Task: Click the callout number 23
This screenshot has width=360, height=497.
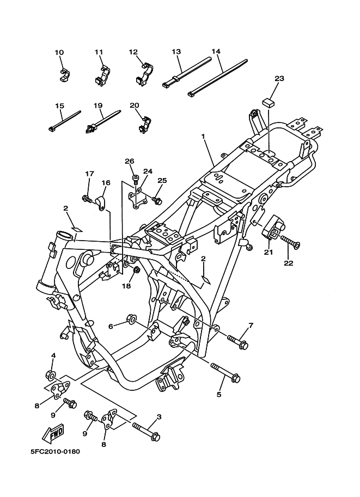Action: coord(279,79)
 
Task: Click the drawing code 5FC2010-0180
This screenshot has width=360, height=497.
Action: coord(48,452)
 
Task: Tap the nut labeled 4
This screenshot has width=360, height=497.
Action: coord(49,375)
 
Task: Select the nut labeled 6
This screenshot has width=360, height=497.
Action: coord(131,318)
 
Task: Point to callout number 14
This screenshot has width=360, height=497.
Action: coord(216,52)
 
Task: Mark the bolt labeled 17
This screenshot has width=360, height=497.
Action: coord(87,198)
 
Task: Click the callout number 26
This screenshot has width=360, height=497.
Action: coord(129,161)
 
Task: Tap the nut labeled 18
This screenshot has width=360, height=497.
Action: coord(137,270)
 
